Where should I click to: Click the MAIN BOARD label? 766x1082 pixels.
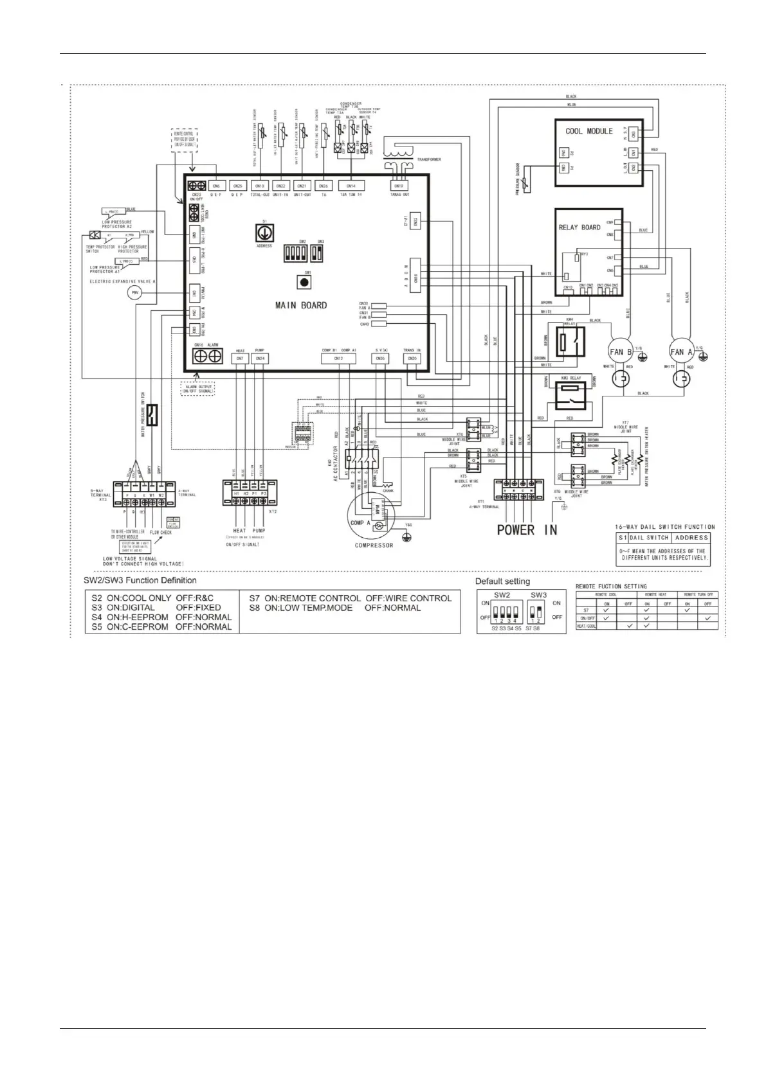301,305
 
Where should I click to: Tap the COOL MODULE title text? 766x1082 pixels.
589,131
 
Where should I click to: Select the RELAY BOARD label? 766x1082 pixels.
579,227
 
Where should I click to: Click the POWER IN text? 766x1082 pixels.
527,530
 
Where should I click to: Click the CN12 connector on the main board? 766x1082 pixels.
338,359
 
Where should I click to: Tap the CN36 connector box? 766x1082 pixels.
381,359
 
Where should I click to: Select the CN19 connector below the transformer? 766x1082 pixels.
399,186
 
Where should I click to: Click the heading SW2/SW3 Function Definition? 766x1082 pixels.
141,580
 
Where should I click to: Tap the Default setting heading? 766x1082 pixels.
502,581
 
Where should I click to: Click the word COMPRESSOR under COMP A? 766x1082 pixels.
374,545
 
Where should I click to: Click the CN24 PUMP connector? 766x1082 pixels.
260,359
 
